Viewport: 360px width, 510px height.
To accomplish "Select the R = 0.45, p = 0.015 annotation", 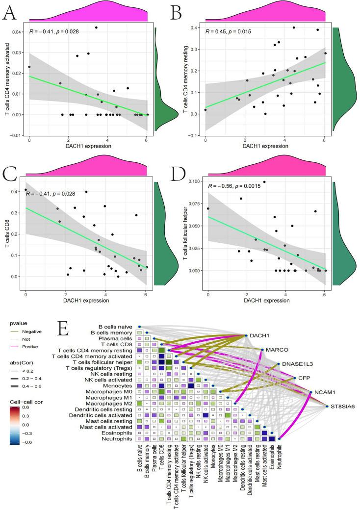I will [232, 32].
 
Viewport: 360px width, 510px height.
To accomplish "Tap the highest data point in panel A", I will [96, 27].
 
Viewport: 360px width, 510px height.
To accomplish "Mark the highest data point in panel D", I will [264, 182].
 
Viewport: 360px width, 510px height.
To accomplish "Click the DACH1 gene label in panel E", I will [260, 335].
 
